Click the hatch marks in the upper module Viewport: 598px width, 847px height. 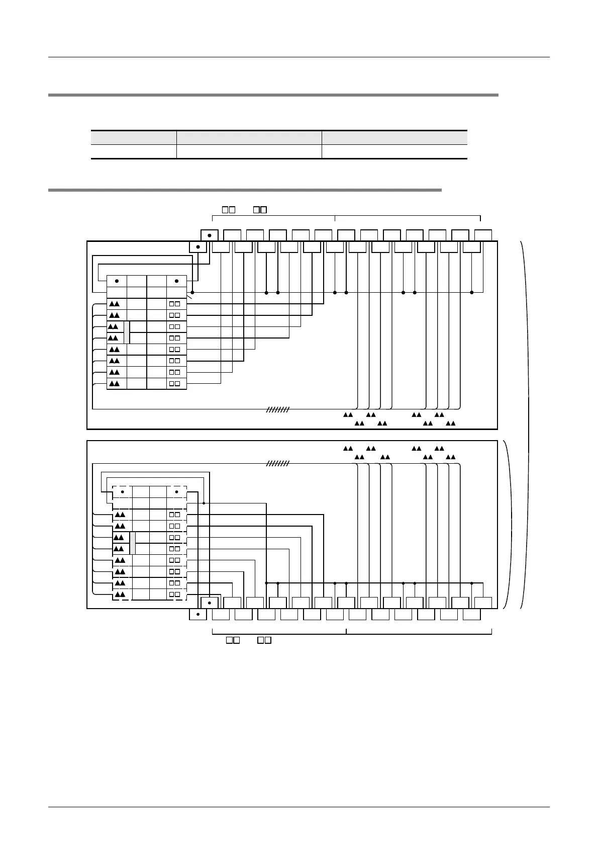278,409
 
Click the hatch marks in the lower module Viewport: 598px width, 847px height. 278,464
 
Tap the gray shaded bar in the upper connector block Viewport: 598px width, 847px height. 127,332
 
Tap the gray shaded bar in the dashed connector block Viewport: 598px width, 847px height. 133,543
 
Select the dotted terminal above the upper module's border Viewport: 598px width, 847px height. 209,235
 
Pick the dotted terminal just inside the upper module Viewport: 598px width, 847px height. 198,247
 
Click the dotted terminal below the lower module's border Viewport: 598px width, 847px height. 198,614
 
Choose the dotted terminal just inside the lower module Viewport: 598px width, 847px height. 209,602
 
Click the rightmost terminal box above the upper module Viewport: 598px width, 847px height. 483,235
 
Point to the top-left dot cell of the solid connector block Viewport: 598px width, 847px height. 117,281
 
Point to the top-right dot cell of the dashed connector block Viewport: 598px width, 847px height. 176,491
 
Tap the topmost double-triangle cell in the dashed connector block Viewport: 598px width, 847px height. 121,515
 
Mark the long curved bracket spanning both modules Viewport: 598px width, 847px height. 528,425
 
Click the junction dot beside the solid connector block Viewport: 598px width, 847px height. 192,292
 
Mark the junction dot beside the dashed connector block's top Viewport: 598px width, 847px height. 204,502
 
